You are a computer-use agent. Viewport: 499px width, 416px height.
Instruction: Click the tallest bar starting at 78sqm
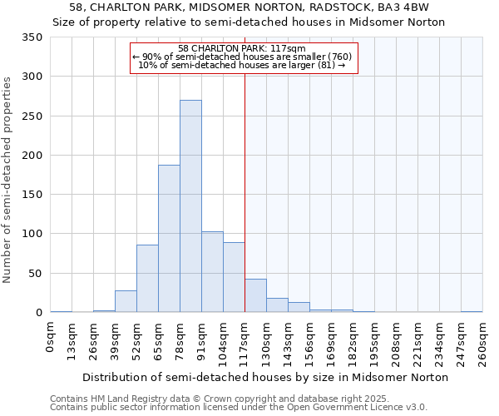click(x=190, y=206)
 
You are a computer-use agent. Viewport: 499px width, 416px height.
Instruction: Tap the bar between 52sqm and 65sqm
click(x=147, y=279)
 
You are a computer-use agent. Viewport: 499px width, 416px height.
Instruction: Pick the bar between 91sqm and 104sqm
click(x=212, y=272)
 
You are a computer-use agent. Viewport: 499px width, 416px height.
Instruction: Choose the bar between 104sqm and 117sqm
click(x=234, y=277)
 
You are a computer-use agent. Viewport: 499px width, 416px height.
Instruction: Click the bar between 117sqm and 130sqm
click(x=255, y=296)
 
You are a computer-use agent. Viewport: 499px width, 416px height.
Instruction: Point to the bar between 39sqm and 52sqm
click(x=126, y=301)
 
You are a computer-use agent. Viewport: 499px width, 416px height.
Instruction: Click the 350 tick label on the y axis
click(x=32, y=37)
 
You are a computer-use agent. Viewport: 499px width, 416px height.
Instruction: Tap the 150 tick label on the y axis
click(x=32, y=195)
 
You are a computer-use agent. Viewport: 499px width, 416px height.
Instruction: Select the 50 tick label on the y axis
click(x=35, y=273)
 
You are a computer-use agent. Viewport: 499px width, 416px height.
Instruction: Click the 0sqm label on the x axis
click(x=51, y=341)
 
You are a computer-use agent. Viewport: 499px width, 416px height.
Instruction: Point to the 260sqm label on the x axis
click(x=482, y=344)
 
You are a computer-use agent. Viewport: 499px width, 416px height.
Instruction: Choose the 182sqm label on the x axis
click(x=353, y=344)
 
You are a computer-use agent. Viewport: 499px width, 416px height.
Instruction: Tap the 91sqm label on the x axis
click(x=201, y=343)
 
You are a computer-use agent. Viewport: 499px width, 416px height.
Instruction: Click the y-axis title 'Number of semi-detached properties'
click(x=7, y=180)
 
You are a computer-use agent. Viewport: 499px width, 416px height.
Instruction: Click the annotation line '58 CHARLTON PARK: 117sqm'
click(x=244, y=48)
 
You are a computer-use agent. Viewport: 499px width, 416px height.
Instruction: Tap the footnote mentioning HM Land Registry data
click(x=237, y=399)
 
